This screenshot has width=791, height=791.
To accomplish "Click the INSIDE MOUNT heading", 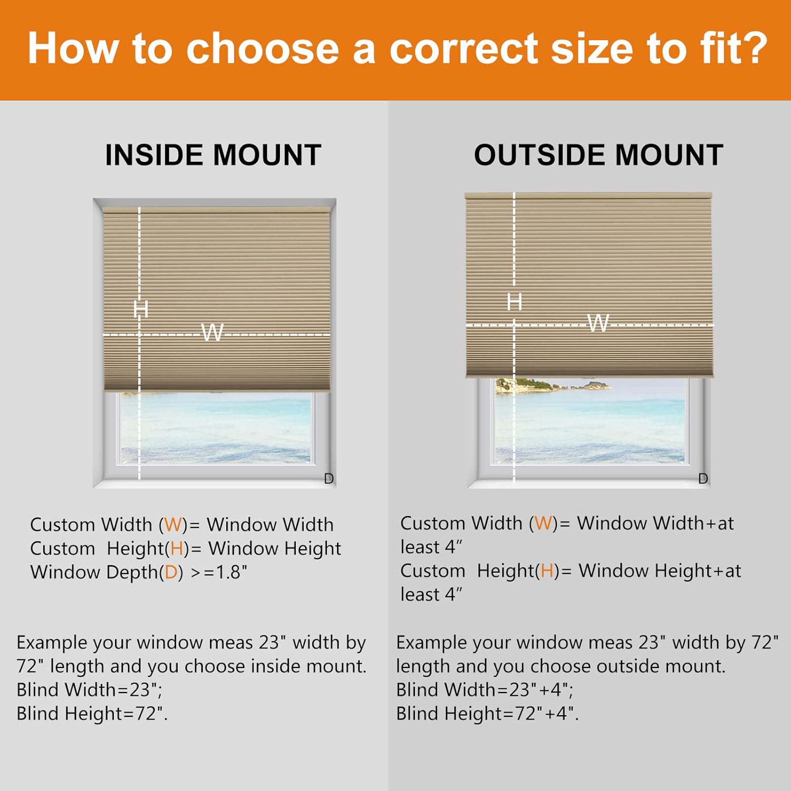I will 213,155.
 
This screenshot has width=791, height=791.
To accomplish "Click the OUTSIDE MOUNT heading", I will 598,155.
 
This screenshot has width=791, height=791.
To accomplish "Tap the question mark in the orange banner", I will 754,49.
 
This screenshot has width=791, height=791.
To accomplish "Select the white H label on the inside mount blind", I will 140,308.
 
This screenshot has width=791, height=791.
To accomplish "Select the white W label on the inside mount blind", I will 212,332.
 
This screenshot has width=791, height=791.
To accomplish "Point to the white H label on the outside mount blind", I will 514,302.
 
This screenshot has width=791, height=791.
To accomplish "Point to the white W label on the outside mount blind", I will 597,322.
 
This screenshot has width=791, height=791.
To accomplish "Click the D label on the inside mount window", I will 329,478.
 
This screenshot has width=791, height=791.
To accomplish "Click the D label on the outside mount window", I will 703,478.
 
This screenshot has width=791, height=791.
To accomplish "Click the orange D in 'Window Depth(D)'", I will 171,572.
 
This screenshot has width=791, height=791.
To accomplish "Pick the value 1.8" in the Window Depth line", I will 231,572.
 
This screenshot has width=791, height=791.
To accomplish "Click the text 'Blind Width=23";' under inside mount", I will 89,690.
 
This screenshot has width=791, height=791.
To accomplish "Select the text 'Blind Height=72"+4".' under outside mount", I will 487,713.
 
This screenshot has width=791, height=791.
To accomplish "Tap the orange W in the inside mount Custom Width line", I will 173,525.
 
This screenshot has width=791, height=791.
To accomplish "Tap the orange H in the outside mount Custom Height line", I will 547,571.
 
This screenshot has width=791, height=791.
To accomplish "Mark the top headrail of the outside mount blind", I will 588,196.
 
